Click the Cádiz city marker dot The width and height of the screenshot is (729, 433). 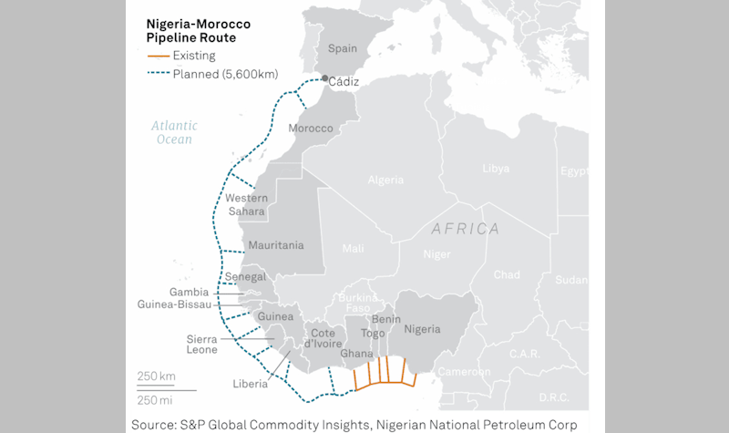326,78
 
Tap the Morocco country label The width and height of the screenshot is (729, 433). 311,128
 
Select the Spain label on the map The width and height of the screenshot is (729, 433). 342,48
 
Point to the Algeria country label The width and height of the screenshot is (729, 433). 385,180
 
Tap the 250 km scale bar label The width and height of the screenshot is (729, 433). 157,376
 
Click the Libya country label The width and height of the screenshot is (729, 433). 496,169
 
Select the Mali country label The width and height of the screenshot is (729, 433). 352,248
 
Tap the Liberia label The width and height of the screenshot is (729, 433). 250,384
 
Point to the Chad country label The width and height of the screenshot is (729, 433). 507,274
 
